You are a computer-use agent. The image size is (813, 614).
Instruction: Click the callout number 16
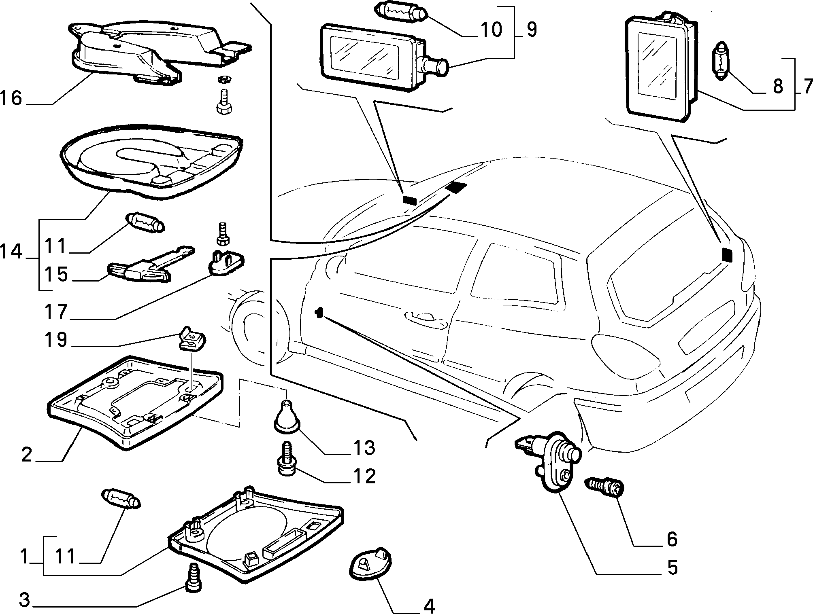11,98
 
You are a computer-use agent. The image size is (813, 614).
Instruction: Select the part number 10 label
491,30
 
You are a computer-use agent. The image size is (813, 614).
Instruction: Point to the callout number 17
55,311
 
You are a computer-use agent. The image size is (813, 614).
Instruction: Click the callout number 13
364,448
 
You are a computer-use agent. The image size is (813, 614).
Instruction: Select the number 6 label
672,539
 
